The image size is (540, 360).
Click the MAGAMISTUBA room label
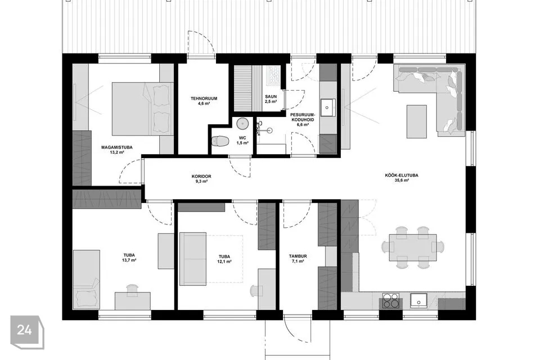[x=117, y=147]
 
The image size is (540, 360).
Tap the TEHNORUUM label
[x=204, y=98]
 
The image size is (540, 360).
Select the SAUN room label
[x=271, y=97]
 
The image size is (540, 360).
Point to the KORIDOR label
[x=201, y=177]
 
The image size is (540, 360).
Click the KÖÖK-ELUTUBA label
[x=402, y=175]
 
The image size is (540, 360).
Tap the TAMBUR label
[x=298, y=256]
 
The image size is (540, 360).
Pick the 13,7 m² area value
[x=129, y=260]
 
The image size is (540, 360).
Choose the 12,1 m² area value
[x=224, y=262]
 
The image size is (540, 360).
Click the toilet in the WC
[x=220, y=141]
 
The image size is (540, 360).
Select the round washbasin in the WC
[x=243, y=123]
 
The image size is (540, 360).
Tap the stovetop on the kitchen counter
[x=391, y=300]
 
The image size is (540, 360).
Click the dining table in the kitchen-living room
[x=413, y=247]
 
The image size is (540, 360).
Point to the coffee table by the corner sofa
[x=417, y=121]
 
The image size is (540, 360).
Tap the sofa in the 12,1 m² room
[x=193, y=259]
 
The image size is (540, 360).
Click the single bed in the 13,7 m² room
[x=87, y=280]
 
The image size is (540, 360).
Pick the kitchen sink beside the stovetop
[x=418, y=300]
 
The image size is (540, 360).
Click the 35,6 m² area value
[x=402, y=180]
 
